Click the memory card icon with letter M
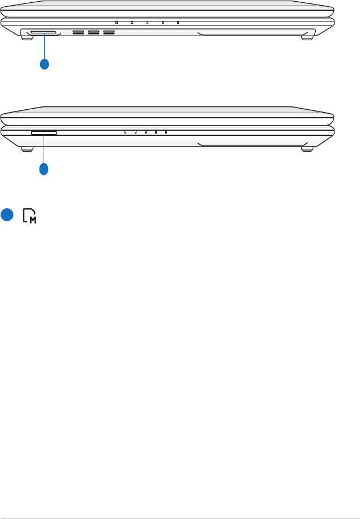30,215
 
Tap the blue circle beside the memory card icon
7,215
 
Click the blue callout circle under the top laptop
45,63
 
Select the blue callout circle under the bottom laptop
44,168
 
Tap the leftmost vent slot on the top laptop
78,32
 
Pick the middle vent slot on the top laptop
93,32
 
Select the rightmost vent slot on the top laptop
109,32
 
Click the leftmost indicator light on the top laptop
116,23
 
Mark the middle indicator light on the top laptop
147,23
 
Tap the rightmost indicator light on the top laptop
178,23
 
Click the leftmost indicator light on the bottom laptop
125,132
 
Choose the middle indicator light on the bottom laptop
145,132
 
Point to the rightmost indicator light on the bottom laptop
166,132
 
